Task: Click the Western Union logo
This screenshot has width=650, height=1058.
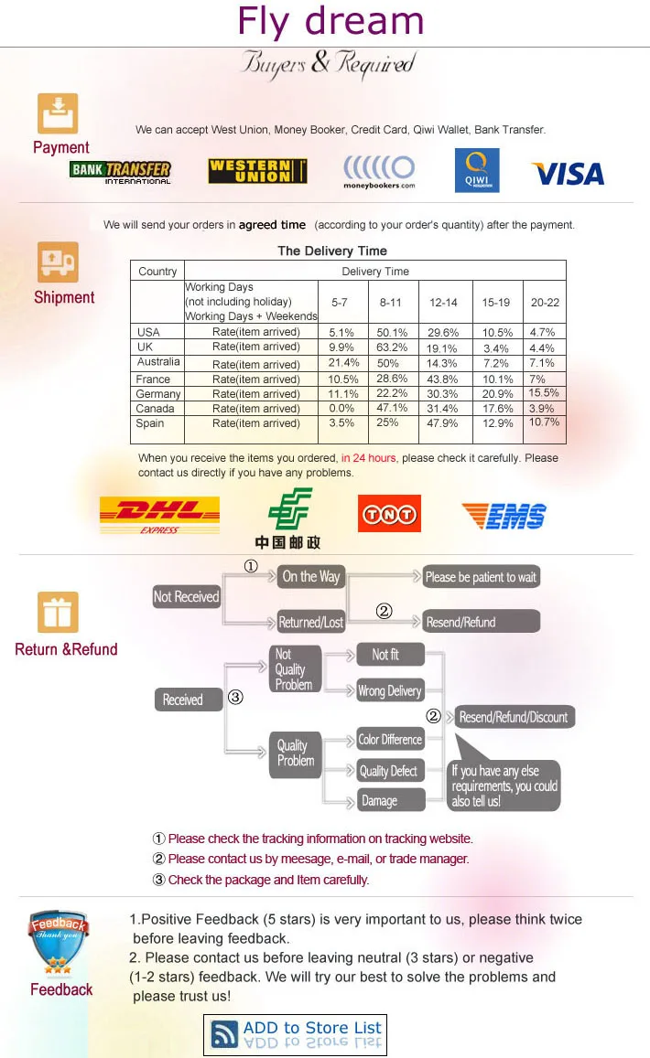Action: (x=257, y=171)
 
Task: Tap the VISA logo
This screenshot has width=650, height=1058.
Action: (x=567, y=174)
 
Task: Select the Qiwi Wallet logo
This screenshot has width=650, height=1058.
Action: (x=477, y=171)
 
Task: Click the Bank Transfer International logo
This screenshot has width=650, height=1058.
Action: (x=120, y=172)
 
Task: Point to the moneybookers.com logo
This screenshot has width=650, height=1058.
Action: (x=379, y=172)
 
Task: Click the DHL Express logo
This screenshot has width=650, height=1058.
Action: (x=159, y=516)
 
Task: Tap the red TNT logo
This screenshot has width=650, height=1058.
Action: (x=389, y=514)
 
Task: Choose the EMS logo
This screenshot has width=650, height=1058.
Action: (x=504, y=517)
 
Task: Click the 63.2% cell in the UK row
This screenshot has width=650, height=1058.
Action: (x=393, y=347)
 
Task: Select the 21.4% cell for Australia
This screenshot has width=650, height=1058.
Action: (x=343, y=363)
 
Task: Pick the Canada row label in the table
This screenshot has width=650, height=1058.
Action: (x=155, y=409)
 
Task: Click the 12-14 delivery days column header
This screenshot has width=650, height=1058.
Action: (x=443, y=302)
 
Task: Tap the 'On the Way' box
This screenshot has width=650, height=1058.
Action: (x=310, y=576)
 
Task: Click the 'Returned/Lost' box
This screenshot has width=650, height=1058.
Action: (x=310, y=623)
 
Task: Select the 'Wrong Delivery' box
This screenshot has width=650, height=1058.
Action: (x=390, y=691)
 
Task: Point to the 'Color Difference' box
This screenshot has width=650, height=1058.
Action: (x=390, y=740)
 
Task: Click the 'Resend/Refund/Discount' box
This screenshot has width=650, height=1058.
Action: (x=514, y=717)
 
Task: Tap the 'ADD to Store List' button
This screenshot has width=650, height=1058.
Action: (x=295, y=1034)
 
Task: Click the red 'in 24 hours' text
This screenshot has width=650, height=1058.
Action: (x=369, y=458)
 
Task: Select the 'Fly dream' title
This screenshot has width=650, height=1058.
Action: (x=330, y=22)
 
